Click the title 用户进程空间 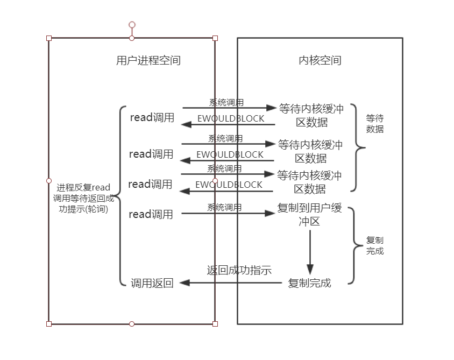tap(148, 61)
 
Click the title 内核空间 tap(320, 61)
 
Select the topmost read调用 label tap(152, 117)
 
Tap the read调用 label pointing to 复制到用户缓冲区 tap(151, 214)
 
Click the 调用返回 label tap(152, 283)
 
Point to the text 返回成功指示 tap(239, 270)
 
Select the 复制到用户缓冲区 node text tap(309, 215)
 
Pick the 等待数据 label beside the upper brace tap(375, 124)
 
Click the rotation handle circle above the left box tap(132, 25)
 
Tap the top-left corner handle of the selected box tap(49, 38)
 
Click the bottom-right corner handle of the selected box tap(215, 324)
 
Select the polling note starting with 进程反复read tap(83, 199)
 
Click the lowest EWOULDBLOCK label tap(229, 185)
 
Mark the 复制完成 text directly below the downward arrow tap(310, 283)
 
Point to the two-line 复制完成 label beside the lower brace tap(375, 245)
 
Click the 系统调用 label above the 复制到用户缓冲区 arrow tap(225, 207)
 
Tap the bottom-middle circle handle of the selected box tap(132, 324)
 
